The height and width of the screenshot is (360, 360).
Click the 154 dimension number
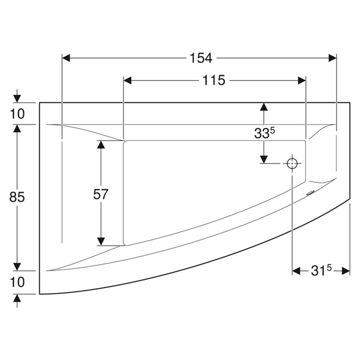point(201,58)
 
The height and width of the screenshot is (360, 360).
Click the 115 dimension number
point(214,80)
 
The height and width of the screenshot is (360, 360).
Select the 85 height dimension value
point(17,197)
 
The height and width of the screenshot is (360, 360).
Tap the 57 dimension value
point(100,194)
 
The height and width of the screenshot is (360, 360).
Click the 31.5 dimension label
point(321,271)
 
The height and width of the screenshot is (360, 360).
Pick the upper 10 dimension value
point(17,114)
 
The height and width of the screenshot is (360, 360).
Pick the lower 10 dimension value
point(17,282)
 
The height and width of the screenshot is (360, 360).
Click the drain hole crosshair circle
point(292,163)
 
